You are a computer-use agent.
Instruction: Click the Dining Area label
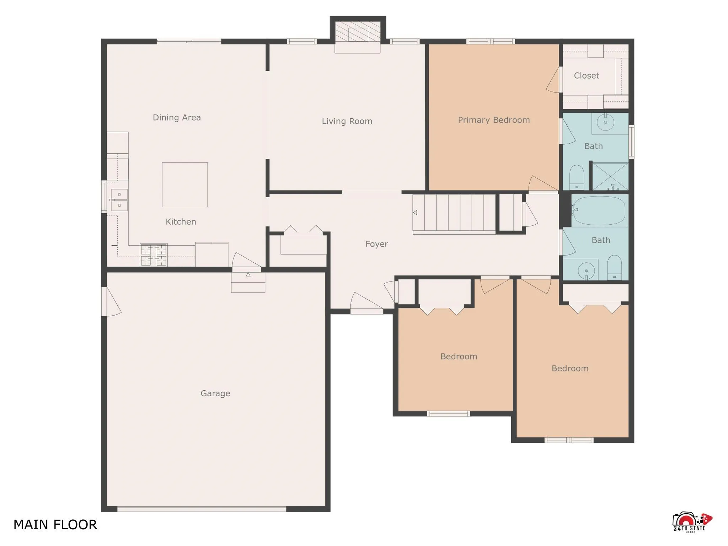(x=177, y=118)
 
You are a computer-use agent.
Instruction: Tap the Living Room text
(x=347, y=121)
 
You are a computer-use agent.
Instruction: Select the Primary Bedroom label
(x=493, y=120)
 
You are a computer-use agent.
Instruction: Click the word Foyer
(x=376, y=244)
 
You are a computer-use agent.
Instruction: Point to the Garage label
(x=215, y=394)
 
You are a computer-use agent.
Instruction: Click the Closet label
(x=586, y=76)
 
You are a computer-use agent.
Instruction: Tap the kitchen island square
(x=185, y=185)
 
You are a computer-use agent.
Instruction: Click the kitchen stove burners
(x=154, y=255)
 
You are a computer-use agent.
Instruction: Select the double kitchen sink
(x=119, y=200)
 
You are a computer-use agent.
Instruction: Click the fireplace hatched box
(x=358, y=32)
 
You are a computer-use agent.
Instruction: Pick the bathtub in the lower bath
(x=599, y=210)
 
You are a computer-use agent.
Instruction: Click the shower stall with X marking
(x=610, y=176)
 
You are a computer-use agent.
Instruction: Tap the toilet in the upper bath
(x=577, y=177)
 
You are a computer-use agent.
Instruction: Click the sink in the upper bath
(x=605, y=123)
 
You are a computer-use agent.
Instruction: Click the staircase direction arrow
(x=415, y=213)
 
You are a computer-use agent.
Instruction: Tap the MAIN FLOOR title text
(x=55, y=525)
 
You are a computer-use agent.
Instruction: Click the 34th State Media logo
(x=692, y=522)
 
